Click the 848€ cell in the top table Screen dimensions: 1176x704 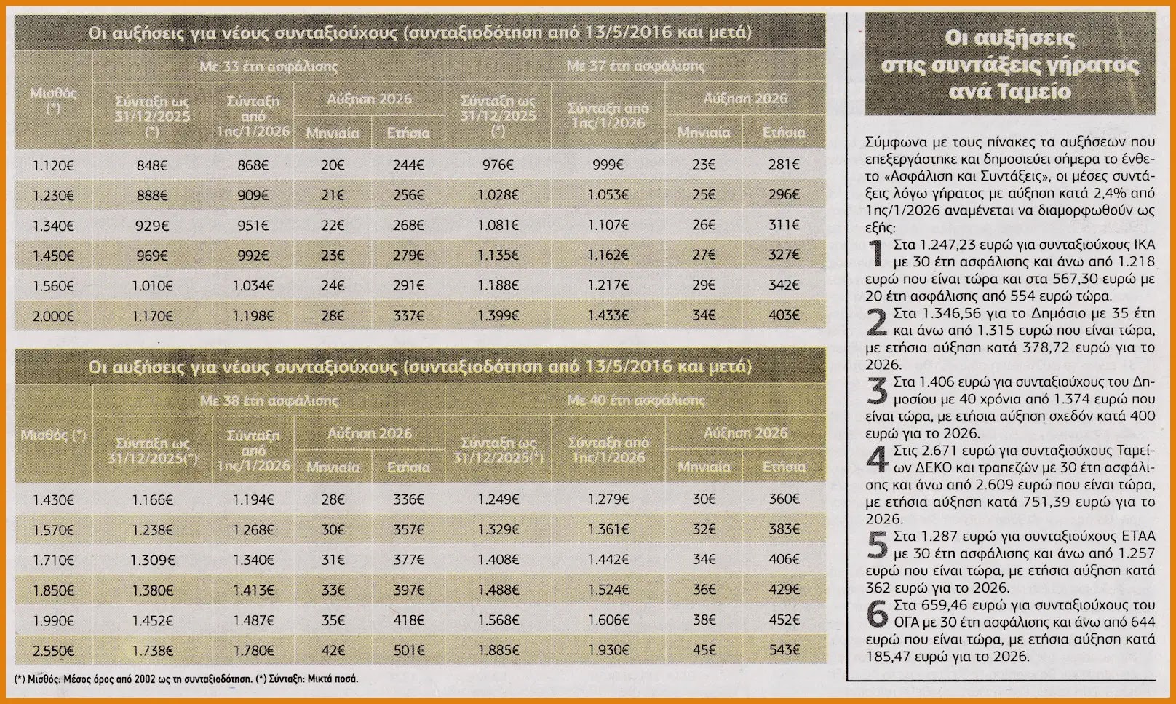coord(151,165)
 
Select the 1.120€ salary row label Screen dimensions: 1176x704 coord(54,165)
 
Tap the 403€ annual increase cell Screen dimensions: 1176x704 coord(784,315)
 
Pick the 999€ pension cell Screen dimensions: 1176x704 coord(608,165)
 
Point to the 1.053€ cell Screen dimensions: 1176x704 coord(608,195)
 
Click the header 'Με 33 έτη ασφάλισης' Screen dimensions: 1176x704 coord(269,67)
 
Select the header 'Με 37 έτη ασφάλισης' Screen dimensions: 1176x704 coord(635,66)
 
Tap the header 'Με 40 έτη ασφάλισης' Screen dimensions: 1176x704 coord(635,400)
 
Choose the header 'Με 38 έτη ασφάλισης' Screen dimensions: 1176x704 coord(269,401)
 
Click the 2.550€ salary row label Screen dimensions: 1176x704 coord(54,651)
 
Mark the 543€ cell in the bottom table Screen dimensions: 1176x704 coord(784,650)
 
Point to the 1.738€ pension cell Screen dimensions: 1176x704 coord(152,651)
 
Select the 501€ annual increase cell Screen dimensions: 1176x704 coord(408,651)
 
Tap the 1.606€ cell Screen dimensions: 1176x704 coord(608,620)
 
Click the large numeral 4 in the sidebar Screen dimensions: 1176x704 coord(877,459)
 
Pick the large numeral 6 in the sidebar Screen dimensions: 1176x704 coord(878,614)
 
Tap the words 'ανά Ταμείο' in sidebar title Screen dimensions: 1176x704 coord(1010,92)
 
